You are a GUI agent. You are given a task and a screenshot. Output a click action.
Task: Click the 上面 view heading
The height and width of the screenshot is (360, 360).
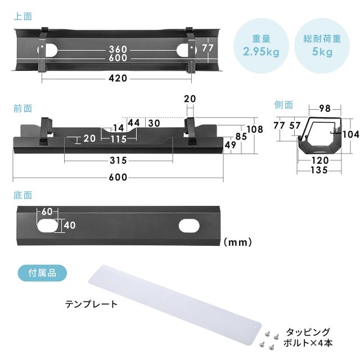pos(22,16)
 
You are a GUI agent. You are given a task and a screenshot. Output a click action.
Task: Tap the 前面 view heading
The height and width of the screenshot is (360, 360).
pos(22,109)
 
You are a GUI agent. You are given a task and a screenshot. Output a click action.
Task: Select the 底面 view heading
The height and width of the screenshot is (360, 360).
pos(22,195)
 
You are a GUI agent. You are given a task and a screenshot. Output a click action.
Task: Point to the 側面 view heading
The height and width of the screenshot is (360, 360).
pos(283,105)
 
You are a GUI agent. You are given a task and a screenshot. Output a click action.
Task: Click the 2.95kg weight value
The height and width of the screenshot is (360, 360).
pos(261,51)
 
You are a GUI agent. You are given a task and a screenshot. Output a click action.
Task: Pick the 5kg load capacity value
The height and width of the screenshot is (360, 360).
pos(322,52)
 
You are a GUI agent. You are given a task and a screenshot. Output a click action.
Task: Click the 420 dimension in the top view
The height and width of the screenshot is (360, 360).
pos(118,78)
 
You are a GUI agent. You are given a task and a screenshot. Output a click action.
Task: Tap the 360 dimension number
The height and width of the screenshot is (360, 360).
pos(118,49)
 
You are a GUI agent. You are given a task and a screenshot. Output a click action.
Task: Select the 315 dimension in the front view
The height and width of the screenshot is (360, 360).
pos(118,160)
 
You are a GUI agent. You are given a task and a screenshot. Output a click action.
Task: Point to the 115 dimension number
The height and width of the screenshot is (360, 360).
pos(119,139)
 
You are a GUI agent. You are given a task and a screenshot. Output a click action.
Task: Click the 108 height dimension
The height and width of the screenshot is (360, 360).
pos(255,129)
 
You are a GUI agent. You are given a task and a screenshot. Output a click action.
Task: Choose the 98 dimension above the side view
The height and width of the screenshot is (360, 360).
pos(325,108)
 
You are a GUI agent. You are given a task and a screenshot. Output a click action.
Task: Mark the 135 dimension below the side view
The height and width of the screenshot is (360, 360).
pos(319,170)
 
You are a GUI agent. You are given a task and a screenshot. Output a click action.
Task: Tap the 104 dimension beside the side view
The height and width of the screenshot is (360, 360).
pos(351,134)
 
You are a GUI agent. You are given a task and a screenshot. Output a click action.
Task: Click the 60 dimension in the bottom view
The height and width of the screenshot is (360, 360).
pos(47,211)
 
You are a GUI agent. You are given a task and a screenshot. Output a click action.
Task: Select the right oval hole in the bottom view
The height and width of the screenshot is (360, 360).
pos(189,226)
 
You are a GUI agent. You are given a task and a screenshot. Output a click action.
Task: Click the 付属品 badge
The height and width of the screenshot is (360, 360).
pos(42,273)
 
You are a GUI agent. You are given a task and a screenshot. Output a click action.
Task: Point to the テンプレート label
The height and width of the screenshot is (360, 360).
pos(91,304)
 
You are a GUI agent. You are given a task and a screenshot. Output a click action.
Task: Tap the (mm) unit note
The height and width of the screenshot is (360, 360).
pos(238,242)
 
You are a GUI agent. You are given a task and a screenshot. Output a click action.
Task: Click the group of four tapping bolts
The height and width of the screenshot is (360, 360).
pos(269,340)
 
